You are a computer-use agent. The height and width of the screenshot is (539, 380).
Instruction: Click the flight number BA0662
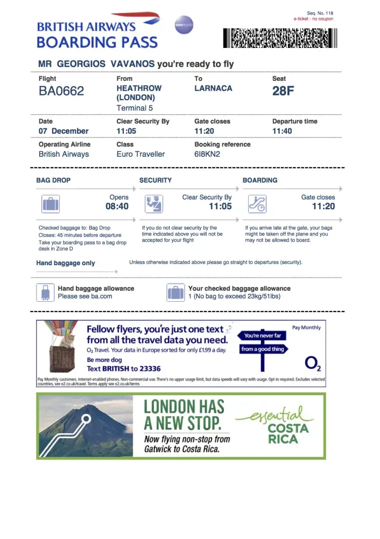[61, 91]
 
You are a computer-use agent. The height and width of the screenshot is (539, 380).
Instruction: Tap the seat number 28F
[283, 91]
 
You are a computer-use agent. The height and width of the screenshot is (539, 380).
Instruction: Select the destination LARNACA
[213, 88]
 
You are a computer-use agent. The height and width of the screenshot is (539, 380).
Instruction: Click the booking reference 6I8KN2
[207, 154]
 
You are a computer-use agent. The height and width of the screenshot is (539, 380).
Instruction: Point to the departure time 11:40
[282, 131]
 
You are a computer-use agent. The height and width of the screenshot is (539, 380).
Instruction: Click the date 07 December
[64, 131]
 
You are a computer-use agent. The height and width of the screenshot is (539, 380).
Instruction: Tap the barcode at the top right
[280, 38]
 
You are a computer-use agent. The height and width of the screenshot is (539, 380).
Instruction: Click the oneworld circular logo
[184, 25]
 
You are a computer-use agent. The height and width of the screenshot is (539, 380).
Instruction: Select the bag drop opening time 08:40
[117, 206]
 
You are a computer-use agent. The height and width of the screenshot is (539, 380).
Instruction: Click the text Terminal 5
[135, 108]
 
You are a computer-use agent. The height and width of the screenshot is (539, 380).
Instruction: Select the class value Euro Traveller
[140, 154]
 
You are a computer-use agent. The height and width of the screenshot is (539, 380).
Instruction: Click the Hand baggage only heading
[66, 263]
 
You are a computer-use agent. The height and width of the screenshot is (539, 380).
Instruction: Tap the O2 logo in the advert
[312, 364]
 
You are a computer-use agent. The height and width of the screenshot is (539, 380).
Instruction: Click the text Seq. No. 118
[320, 13]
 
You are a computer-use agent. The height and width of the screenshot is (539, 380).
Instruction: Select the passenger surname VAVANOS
[132, 64]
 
